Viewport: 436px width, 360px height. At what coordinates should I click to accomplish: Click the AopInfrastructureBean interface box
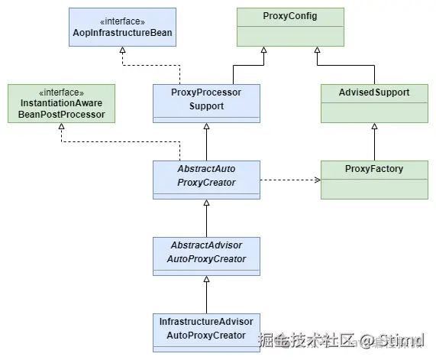[x=122, y=26]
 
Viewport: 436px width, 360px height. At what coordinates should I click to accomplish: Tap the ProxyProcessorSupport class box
[x=207, y=102]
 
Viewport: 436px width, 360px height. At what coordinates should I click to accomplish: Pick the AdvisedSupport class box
[x=374, y=102]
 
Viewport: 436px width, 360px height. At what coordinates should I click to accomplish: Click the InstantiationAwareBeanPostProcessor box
[x=61, y=102]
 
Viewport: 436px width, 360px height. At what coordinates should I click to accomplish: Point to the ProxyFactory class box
[x=374, y=179]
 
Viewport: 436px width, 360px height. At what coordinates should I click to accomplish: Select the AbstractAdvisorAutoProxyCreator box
[x=207, y=255]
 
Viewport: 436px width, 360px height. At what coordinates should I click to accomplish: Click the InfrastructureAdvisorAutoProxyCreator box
[x=207, y=331]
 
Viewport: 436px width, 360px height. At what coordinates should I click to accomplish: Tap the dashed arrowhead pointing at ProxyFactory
[x=315, y=180]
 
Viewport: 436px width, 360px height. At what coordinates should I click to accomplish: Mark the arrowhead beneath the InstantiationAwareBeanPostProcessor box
[x=61, y=127]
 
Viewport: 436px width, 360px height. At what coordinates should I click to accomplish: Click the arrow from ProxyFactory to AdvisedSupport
[x=374, y=141]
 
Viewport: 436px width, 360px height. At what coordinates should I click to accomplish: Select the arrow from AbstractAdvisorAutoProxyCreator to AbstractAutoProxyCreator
[x=207, y=218]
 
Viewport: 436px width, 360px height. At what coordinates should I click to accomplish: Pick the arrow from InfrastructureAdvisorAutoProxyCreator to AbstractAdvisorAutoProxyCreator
[x=207, y=294]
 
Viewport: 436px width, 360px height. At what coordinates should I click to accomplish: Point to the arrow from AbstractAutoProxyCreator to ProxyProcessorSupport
[x=207, y=141]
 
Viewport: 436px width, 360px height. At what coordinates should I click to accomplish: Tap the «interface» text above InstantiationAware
[x=61, y=91]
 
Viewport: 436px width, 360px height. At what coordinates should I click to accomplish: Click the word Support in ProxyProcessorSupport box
[x=207, y=106]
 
